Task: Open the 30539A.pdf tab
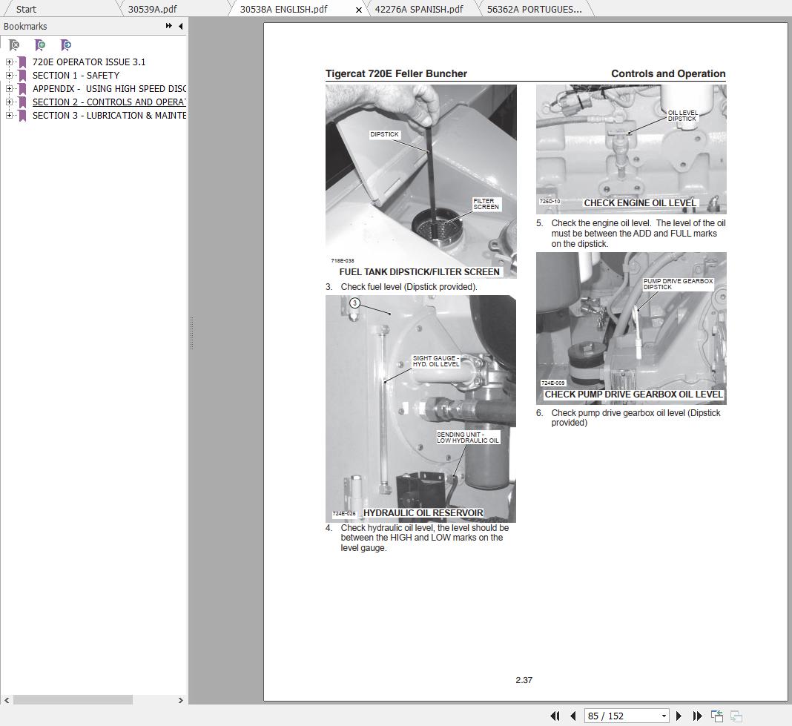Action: (x=152, y=9)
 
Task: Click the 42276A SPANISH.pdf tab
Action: (x=418, y=9)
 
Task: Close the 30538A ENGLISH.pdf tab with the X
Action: (x=360, y=10)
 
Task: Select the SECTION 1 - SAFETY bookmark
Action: (x=76, y=75)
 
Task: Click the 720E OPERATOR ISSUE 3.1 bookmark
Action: (x=89, y=62)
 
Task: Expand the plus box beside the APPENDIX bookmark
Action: (x=9, y=88)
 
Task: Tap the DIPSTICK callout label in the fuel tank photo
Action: (x=384, y=134)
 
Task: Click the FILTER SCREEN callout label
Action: (x=486, y=204)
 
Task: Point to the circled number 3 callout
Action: (x=354, y=303)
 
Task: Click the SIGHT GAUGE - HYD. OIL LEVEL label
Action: (x=435, y=361)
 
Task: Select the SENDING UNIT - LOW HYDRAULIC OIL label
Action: (x=467, y=438)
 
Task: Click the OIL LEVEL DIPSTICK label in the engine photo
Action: (x=682, y=116)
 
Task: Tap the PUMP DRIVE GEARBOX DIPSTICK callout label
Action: (x=677, y=284)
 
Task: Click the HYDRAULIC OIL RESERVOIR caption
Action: (x=423, y=512)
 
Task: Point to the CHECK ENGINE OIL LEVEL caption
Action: (x=640, y=202)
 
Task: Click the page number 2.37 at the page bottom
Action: (x=524, y=680)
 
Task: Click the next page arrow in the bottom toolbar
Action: (x=679, y=716)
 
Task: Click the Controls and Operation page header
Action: (x=667, y=73)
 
